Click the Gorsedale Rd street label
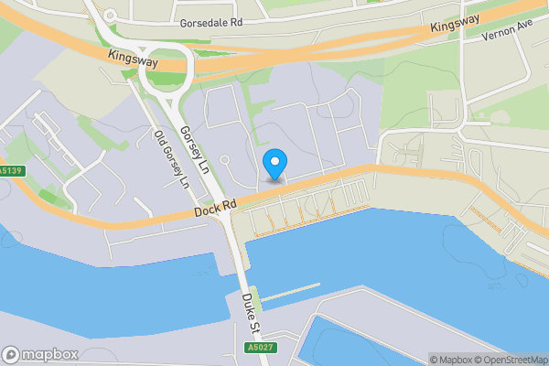pyautogui.click(x=210, y=22)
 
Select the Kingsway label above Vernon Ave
pyautogui.click(x=455, y=29)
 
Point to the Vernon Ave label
pyautogui.click(x=506, y=34)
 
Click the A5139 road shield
pyautogui.click(x=10, y=171)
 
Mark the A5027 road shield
pyautogui.click(x=259, y=348)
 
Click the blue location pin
pyautogui.click(x=274, y=164)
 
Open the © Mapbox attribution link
pyautogui.click(x=450, y=360)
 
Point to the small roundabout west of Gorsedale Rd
pyautogui.click(x=110, y=16)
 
